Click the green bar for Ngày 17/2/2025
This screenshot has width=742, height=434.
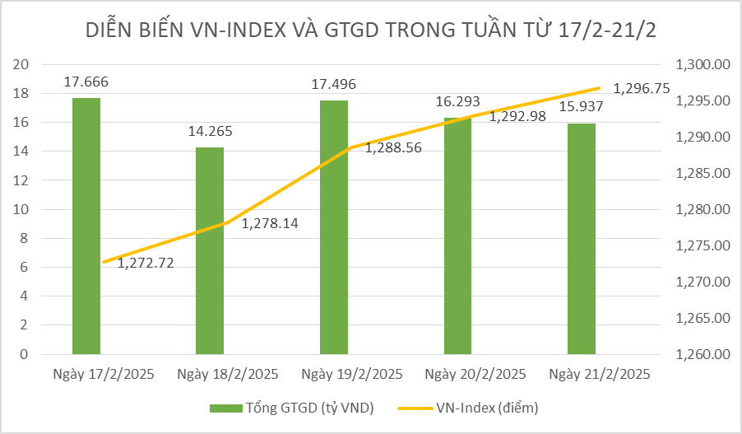pos(86,226)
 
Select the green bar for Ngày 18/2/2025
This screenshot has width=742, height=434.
pos(210,250)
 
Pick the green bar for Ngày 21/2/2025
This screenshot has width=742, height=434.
pos(582,239)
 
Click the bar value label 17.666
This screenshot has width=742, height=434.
pos(86,82)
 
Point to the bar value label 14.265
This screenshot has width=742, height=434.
pos(210,131)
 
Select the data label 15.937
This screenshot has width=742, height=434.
pos(582,107)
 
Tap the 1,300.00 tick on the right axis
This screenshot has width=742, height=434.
pos(703,65)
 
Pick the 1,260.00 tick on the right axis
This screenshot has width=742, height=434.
pos(703,355)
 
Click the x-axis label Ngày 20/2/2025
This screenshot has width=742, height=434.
pos(475,374)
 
